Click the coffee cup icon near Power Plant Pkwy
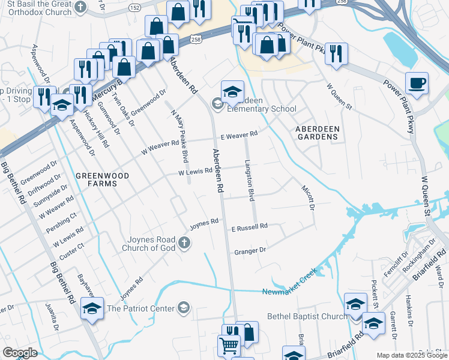click(417, 83)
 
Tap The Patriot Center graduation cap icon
click(184, 308)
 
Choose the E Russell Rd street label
click(249, 228)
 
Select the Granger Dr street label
click(250, 250)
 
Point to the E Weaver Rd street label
click(238, 136)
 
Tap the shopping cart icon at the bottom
click(228, 346)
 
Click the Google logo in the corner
click(20, 352)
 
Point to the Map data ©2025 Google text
click(412, 355)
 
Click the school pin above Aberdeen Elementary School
click(232, 92)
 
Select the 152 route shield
click(136, 7)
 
